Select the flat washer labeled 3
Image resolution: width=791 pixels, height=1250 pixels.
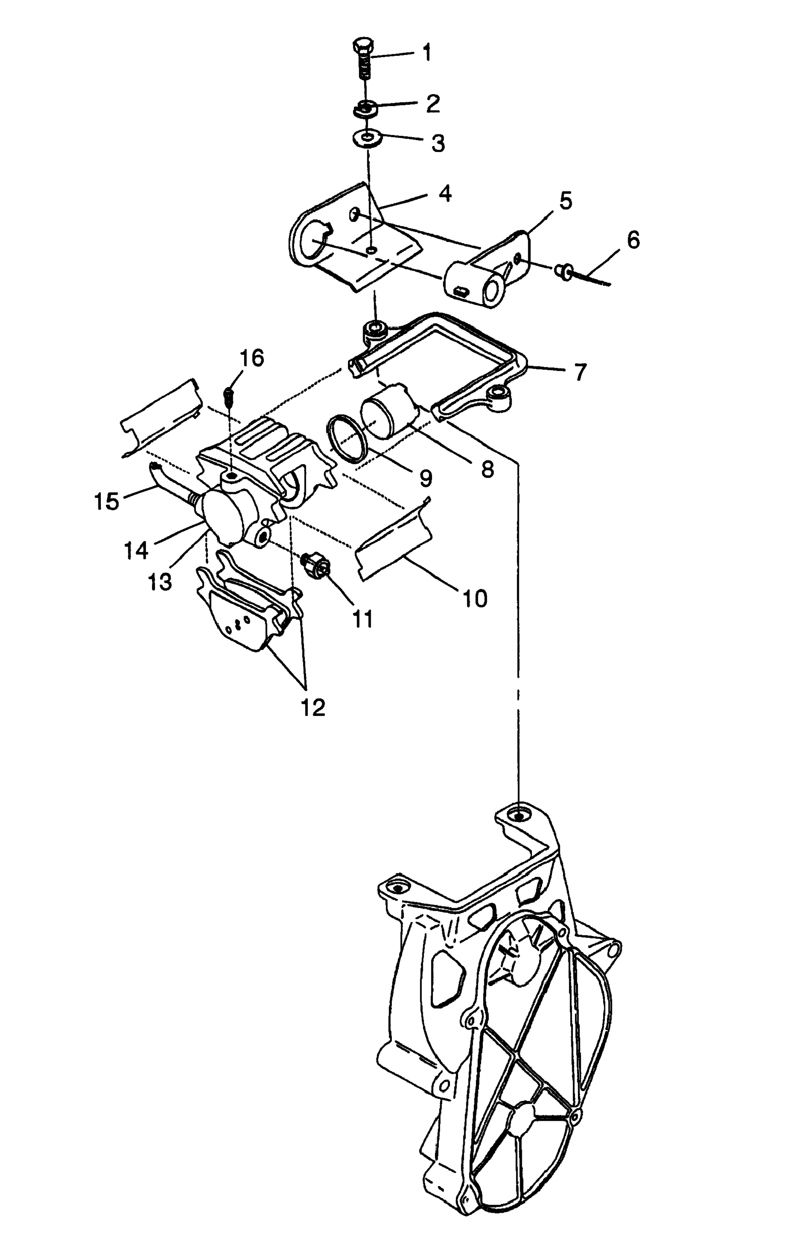[x=367, y=139]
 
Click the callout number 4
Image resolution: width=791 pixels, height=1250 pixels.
[x=444, y=194]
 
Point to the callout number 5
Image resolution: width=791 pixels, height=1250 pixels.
[x=565, y=200]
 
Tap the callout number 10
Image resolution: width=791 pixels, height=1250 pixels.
[x=474, y=598]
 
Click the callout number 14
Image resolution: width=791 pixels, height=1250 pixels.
[x=136, y=549]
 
